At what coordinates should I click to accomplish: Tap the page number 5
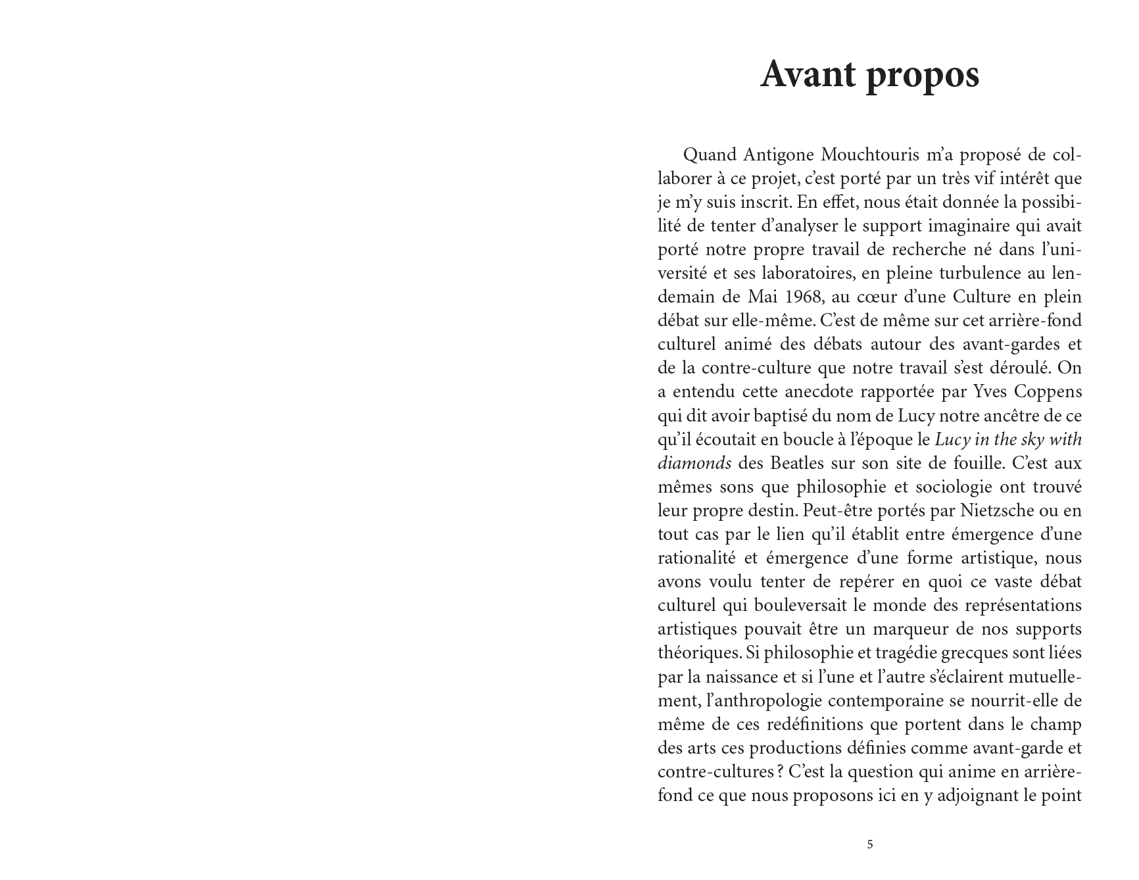click(870, 844)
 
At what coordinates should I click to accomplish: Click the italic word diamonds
click(694, 463)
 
